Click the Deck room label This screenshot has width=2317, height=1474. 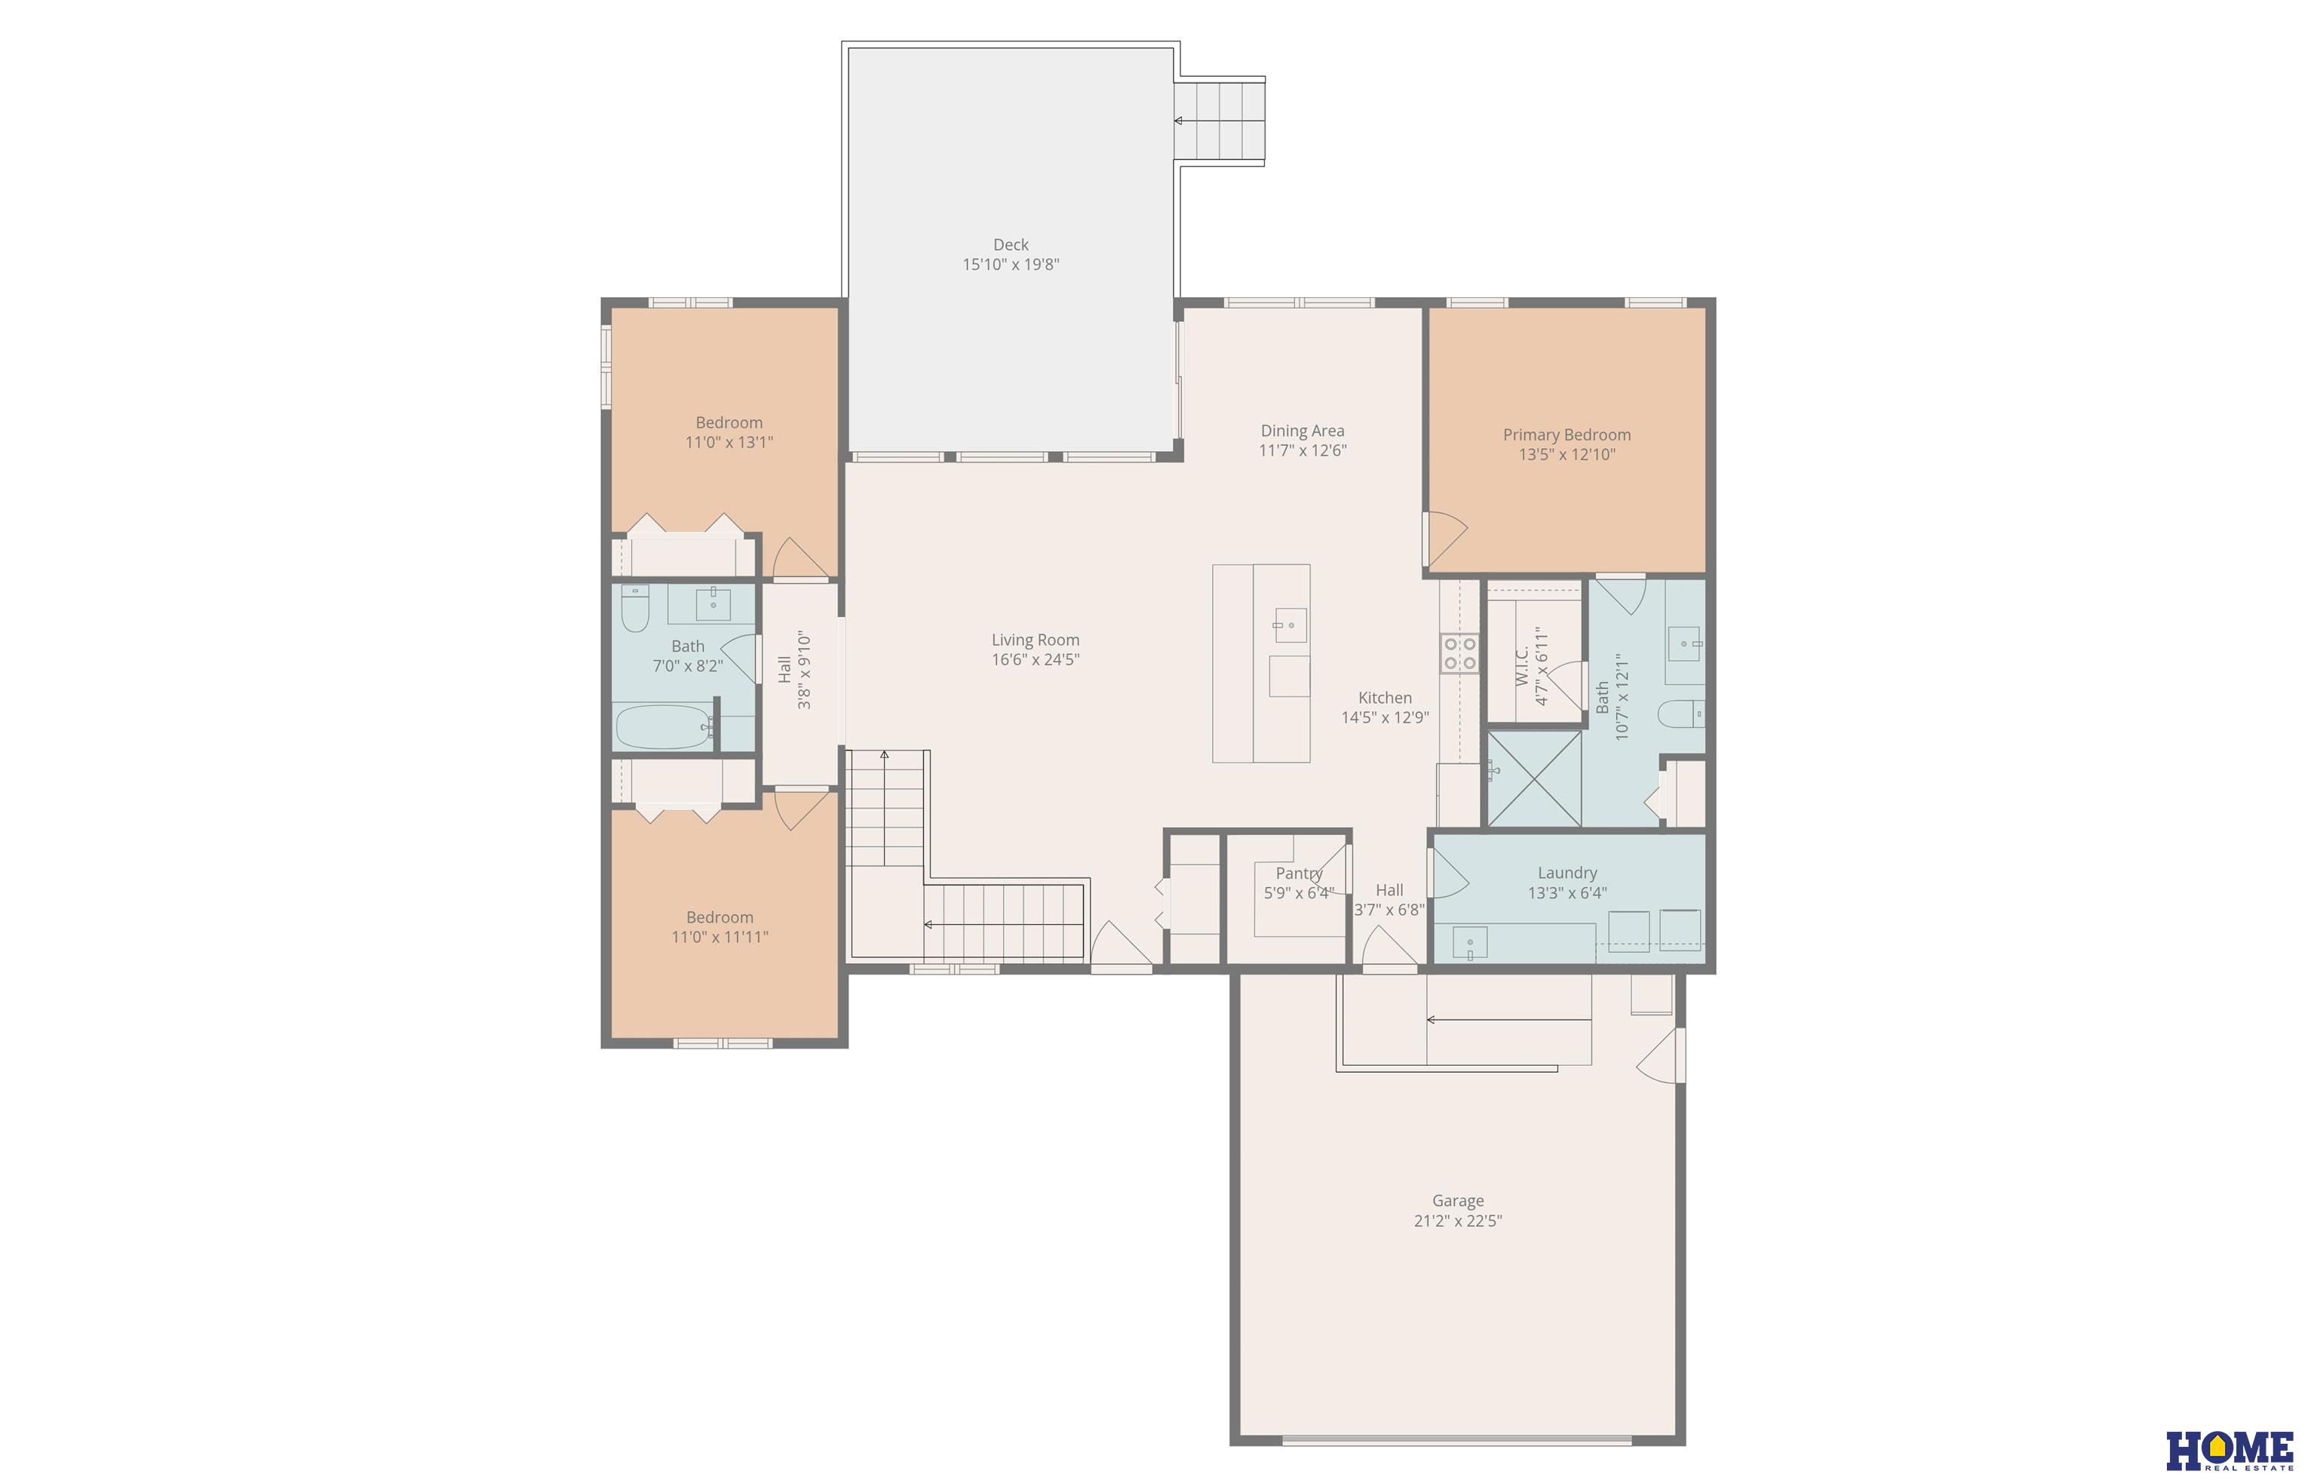[x=1011, y=245]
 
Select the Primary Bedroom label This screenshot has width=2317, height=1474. [x=1567, y=435]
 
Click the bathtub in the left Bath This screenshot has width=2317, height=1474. [x=664, y=727]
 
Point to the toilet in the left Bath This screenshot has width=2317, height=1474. [x=635, y=608]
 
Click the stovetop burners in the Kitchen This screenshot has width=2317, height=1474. [x=1459, y=654]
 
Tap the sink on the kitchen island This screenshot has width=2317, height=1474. [x=1290, y=625]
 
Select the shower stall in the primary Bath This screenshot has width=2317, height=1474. [x=1535, y=778]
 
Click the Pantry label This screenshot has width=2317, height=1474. [x=1299, y=874]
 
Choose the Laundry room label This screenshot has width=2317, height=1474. [x=1567, y=873]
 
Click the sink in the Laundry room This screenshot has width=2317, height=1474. [x=1469, y=944]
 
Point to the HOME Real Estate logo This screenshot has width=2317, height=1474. [x=2230, y=1450]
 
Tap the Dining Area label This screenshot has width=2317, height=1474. [x=1303, y=431]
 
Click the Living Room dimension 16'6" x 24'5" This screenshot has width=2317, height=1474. [x=1036, y=660]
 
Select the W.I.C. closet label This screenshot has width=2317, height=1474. [x=1522, y=666]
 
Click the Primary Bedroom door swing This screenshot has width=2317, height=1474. [x=1446, y=539]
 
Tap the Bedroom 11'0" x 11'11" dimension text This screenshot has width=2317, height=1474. [x=720, y=937]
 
